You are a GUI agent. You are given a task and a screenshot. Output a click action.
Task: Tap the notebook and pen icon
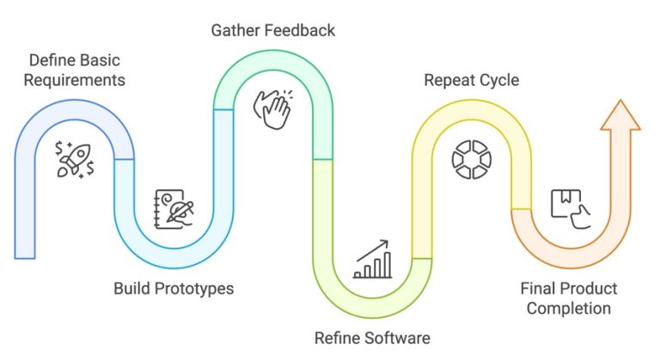[x=174, y=207]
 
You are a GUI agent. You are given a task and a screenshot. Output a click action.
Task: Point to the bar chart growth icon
[x=372, y=260]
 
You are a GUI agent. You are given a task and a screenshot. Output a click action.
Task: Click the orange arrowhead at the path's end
[x=620, y=116]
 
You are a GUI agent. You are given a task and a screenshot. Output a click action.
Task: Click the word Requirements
[x=76, y=80]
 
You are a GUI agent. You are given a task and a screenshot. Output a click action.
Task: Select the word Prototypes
[x=192, y=288]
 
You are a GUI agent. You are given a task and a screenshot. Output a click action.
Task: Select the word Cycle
[x=500, y=80]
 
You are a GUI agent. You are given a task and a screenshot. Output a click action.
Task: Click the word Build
[x=132, y=288]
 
